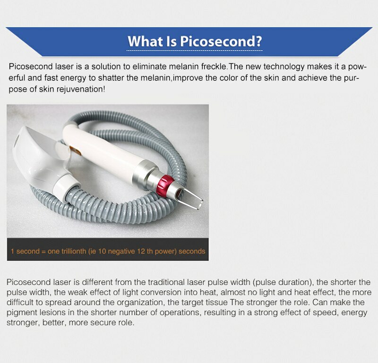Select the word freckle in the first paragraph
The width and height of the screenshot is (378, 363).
point(214,66)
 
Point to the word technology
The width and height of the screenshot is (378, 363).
point(284,66)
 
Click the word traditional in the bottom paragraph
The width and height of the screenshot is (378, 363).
point(167,282)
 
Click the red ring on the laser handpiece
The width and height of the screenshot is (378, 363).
point(164,186)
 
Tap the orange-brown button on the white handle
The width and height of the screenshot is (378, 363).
point(75,151)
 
